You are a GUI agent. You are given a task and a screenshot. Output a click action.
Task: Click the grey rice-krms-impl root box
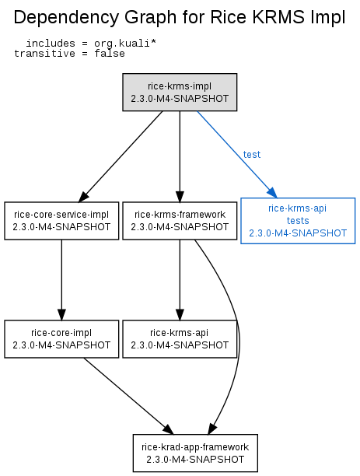pos(180,92)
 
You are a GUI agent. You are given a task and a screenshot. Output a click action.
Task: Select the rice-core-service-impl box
pos(61,221)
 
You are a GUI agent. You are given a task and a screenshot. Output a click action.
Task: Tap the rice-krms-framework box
pos(180,221)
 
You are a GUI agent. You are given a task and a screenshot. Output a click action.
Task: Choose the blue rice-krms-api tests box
pos(298,221)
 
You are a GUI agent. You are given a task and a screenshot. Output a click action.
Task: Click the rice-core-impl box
pos(61,339)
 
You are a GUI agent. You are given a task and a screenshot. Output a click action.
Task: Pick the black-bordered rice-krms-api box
pos(180,339)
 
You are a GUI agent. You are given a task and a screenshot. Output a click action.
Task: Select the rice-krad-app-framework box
pos(195,453)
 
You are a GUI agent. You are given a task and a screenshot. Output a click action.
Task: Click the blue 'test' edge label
pos(252,155)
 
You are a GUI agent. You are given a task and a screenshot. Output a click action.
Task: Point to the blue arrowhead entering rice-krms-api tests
pos(272,192)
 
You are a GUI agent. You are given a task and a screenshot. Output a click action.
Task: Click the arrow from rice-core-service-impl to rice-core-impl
pos(61,280)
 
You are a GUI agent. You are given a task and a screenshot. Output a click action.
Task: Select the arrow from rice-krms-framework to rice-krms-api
pos(180,280)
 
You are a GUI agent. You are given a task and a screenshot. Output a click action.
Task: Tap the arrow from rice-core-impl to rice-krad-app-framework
pos(129,396)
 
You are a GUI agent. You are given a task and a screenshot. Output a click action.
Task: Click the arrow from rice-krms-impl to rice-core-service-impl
pos(121,156)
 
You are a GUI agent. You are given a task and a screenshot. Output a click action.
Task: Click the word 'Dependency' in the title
pos(67,18)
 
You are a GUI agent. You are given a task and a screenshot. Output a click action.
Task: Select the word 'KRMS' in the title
pos(278,17)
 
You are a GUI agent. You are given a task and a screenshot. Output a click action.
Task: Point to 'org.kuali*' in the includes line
pos(125,44)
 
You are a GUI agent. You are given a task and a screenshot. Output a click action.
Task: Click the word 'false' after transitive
pos(110,54)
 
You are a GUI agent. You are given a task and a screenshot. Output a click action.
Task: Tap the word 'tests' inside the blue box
pos(298,221)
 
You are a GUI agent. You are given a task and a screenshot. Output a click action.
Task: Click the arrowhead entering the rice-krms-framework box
pos(180,197)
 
